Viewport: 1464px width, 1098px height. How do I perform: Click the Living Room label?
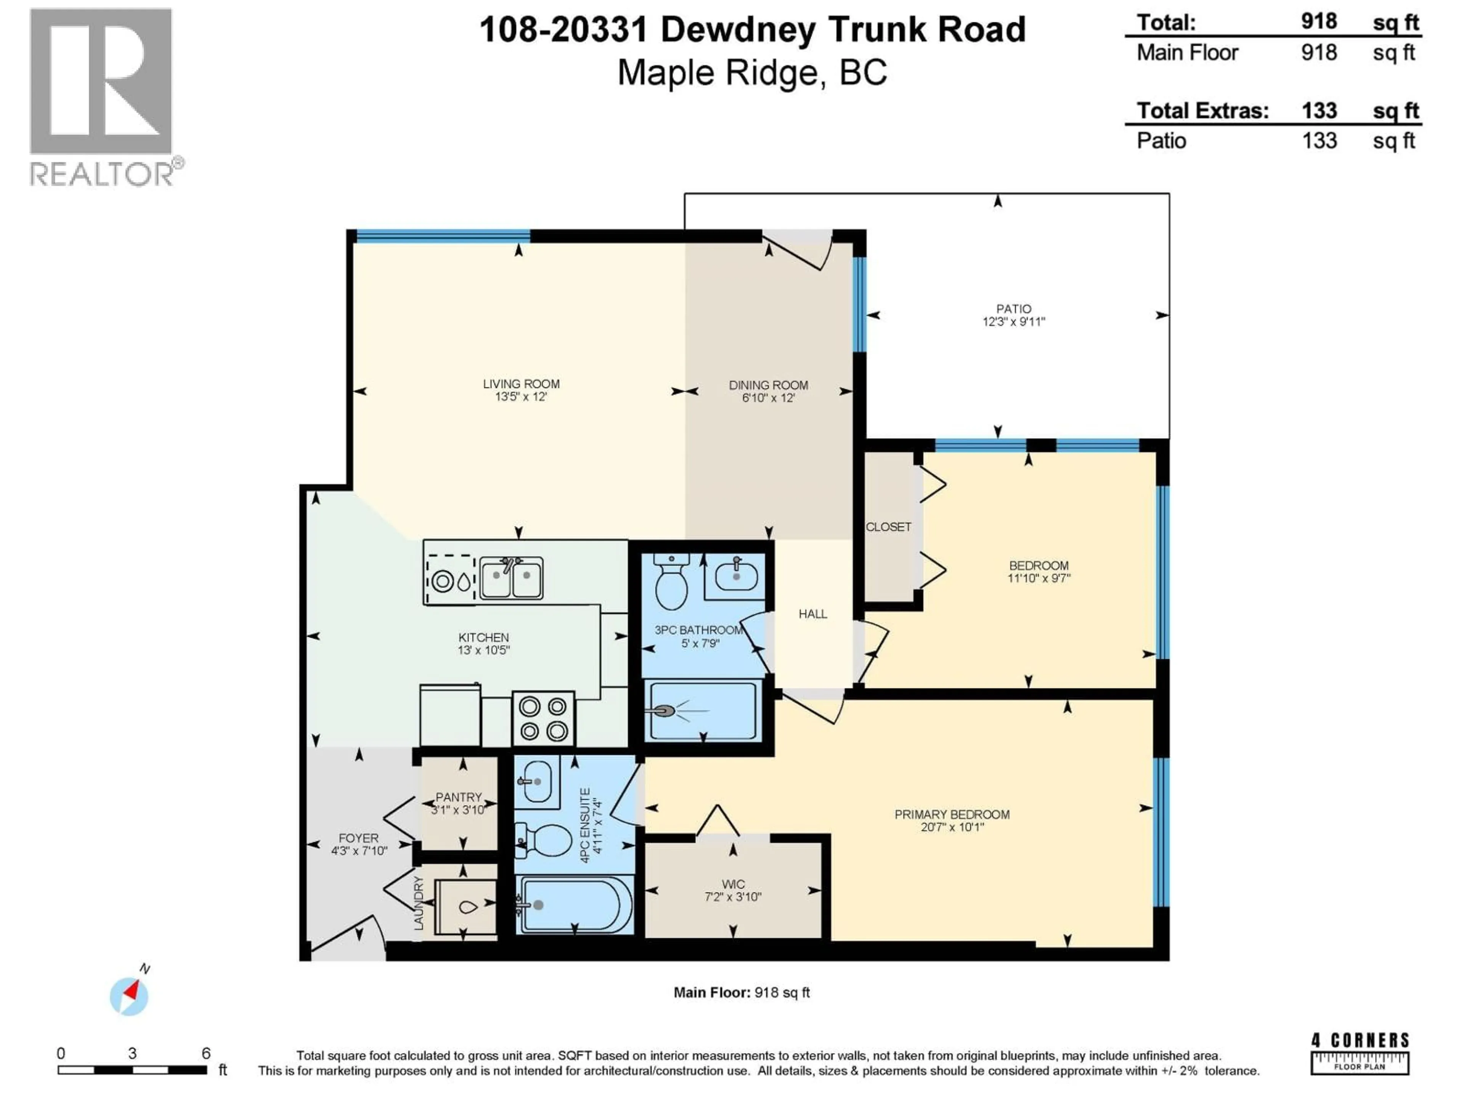[521, 384]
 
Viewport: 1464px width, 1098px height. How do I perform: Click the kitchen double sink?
[511, 578]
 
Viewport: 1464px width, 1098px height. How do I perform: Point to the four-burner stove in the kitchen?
[543, 719]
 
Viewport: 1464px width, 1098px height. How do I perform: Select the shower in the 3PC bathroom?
[703, 711]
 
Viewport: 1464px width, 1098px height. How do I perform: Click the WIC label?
[733, 884]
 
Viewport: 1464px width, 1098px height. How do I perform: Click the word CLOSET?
[888, 527]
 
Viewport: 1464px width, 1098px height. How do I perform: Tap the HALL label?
[813, 614]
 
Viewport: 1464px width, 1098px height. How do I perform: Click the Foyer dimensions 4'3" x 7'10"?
[359, 851]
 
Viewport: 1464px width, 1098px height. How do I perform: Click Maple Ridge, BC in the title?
[752, 73]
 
